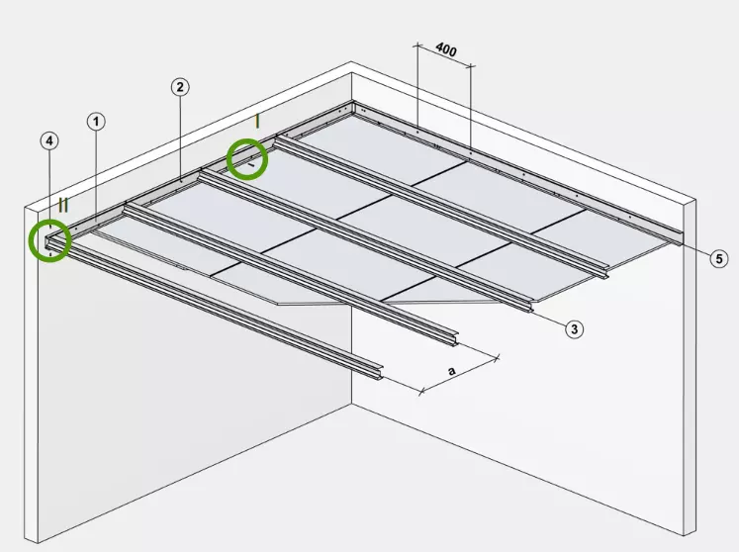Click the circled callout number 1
(x=96, y=122)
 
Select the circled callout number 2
(x=180, y=87)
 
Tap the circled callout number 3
(x=574, y=329)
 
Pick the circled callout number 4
(x=49, y=140)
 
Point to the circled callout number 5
(x=719, y=259)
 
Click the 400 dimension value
(x=446, y=49)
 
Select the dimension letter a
(x=452, y=371)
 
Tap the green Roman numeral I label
(x=257, y=122)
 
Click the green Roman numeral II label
(x=63, y=205)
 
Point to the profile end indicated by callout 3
(x=530, y=306)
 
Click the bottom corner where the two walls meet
(x=351, y=404)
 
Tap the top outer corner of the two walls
(x=350, y=61)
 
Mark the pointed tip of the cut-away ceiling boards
(x=278, y=304)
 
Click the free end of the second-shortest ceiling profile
(x=455, y=339)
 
